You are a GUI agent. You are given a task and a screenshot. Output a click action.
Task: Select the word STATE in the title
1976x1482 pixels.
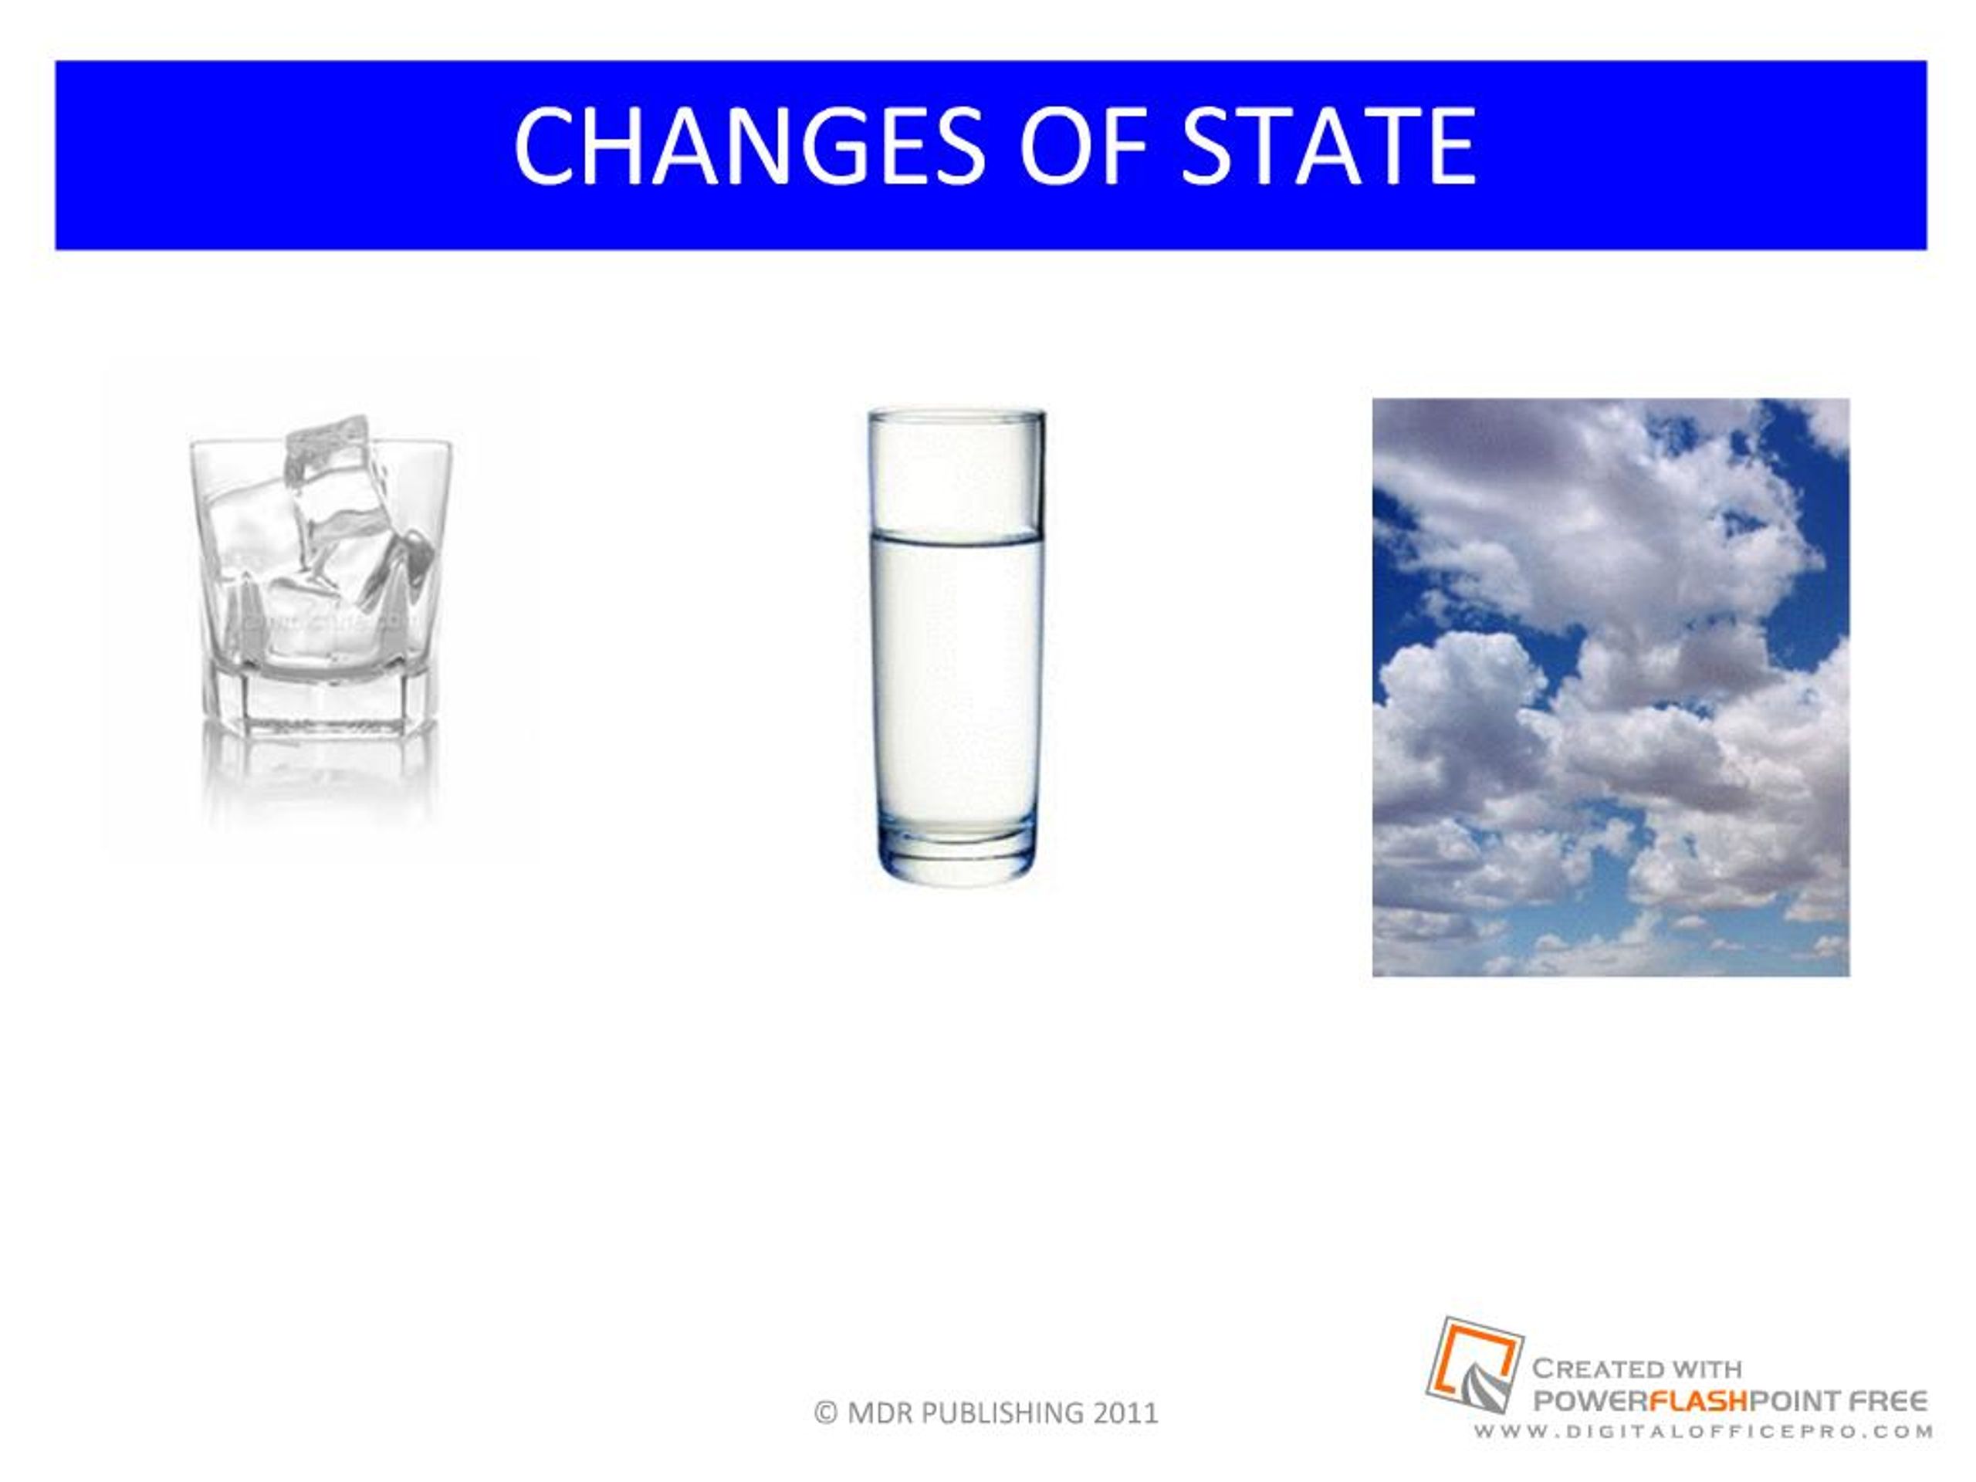[1328, 146]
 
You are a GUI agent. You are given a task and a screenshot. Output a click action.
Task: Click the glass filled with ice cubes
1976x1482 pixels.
[320, 576]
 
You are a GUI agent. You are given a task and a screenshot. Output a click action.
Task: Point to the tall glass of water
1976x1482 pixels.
[956, 647]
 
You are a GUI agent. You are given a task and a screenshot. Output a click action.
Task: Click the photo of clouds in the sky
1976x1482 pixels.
[1611, 687]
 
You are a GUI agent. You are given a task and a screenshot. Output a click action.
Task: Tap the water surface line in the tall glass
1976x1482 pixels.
[956, 536]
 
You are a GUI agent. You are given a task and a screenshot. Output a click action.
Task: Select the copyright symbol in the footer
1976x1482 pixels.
[827, 1413]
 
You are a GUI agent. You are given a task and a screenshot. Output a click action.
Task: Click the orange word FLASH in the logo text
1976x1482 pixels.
[1697, 1401]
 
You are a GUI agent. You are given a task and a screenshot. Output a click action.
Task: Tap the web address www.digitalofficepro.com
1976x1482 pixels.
[1704, 1431]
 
